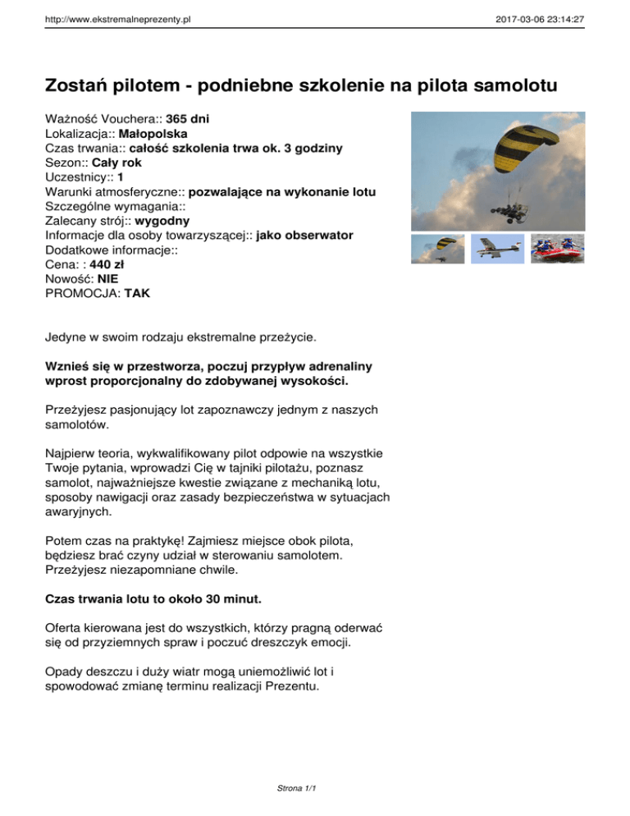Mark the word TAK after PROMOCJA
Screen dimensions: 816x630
click(x=137, y=294)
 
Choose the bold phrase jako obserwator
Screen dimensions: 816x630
click(x=304, y=236)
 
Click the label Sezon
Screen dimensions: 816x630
click(x=66, y=163)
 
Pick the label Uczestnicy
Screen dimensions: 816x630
click(x=78, y=177)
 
